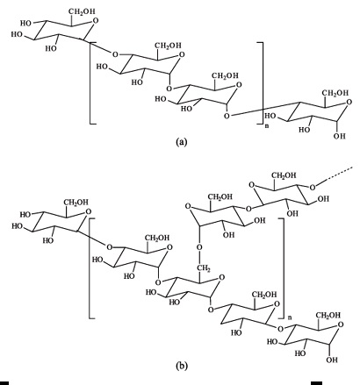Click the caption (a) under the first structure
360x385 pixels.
(181, 142)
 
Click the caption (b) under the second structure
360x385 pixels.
(181, 366)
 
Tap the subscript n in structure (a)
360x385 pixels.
(266, 126)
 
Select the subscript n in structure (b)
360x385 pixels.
(290, 317)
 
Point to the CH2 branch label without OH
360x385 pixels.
(202, 267)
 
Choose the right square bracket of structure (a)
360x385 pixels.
(263, 83)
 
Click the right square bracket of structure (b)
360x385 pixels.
(284, 267)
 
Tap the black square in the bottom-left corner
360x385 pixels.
(4, 383)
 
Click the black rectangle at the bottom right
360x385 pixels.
(316, 383)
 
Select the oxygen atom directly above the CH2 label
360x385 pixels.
(199, 248)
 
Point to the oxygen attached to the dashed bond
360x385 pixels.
(313, 188)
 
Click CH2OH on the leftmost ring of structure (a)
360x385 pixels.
(82, 11)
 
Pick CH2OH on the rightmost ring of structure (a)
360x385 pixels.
(335, 93)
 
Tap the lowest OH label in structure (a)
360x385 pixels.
(339, 136)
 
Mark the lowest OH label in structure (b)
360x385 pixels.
(332, 360)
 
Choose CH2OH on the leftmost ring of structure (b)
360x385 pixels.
(76, 202)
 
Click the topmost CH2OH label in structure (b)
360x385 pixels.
(284, 175)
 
